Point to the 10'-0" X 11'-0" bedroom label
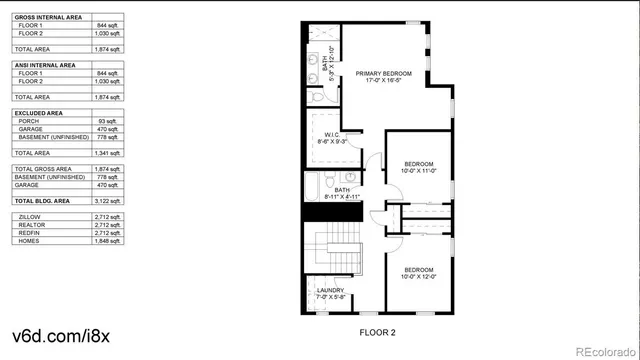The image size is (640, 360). pos(419,167)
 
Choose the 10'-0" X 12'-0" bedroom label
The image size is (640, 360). pos(419,273)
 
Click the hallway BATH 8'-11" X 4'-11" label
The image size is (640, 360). pos(342,193)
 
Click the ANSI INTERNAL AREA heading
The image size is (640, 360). pos(45,65)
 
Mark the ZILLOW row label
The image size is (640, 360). pos(28,216)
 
